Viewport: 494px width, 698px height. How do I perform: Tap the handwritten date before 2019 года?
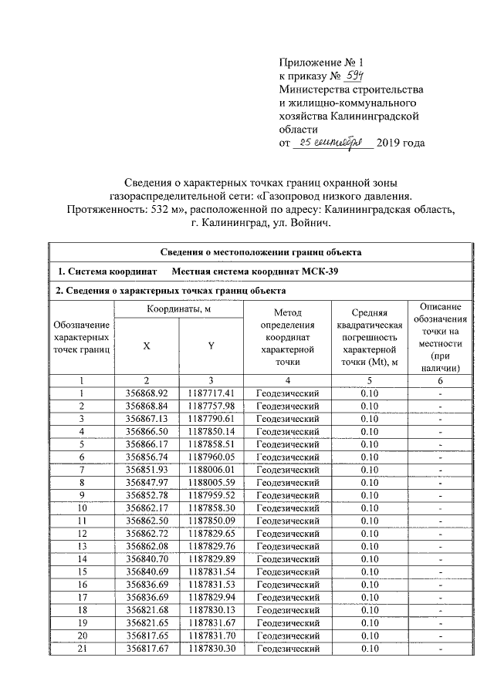pyautogui.click(x=333, y=143)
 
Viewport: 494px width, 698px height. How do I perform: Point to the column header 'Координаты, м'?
pyautogui.click(x=178, y=309)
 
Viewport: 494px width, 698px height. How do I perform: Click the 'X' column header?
pyautogui.click(x=146, y=346)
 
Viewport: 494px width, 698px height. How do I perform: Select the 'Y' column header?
pyautogui.click(x=211, y=346)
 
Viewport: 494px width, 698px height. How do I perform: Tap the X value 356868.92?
pyautogui.click(x=146, y=393)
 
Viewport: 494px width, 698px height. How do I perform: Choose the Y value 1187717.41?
pyautogui.click(x=211, y=393)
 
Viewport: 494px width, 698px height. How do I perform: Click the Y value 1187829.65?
pyautogui.click(x=211, y=533)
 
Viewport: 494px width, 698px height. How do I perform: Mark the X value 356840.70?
pyautogui.click(x=146, y=558)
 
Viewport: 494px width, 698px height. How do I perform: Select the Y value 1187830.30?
pyautogui.click(x=211, y=649)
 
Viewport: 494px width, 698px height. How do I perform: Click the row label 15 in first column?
pyautogui.click(x=81, y=572)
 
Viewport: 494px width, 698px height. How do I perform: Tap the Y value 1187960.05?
pyautogui.click(x=211, y=457)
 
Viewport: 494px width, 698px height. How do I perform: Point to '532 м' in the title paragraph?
pyautogui.click(x=175, y=209)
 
